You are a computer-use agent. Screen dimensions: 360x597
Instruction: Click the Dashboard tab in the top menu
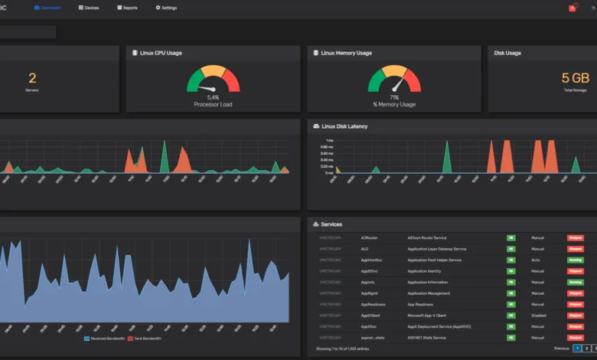47,8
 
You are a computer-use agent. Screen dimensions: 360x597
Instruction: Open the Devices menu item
89,8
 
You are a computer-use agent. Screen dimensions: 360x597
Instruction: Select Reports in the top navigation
127,8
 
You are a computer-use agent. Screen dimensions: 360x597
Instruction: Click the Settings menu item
166,8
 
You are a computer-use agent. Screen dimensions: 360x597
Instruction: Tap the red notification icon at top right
572,8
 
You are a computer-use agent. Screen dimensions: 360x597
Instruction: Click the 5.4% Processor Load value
213,97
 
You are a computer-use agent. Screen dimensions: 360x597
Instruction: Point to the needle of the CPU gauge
207,89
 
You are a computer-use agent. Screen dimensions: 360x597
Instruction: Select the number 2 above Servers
32,78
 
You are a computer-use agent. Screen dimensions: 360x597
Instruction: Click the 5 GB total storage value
576,78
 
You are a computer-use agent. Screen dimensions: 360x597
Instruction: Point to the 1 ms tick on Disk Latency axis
329,141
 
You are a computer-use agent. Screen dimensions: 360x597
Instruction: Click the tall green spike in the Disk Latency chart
446,157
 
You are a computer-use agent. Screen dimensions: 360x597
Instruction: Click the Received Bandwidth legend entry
106,338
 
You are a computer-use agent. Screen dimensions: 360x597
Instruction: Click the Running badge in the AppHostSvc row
575,260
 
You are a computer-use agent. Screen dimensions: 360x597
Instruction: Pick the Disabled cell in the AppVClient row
540,315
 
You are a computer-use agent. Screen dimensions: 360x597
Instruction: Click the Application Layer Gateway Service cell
436,249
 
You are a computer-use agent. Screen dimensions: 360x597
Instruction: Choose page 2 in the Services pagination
586,349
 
